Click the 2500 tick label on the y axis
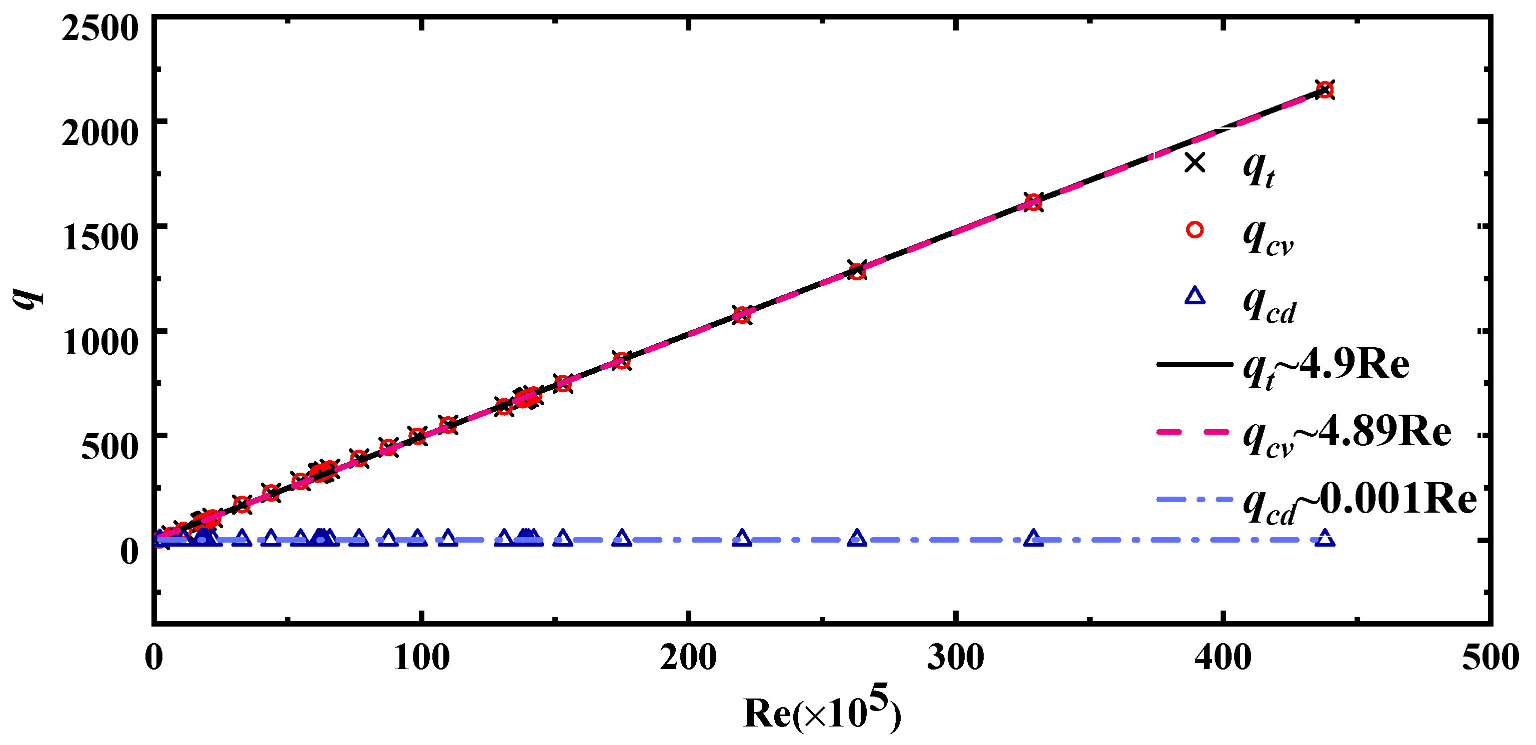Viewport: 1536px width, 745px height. pos(99,27)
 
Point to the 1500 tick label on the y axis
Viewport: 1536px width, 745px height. pos(99,237)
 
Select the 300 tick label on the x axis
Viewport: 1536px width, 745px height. pos(955,658)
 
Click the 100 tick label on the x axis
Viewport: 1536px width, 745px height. pos(421,658)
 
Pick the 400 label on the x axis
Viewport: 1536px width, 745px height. pos(1223,658)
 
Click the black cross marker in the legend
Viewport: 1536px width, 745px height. pos(1194,162)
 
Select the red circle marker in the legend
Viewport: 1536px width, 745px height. pos(1194,229)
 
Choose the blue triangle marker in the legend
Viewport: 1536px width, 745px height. pos(1194,296)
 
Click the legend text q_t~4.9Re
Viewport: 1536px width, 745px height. pos(1326,365)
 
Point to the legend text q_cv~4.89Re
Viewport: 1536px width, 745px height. pos(1347,433)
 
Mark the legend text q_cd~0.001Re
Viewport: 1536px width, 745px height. pos(1360,501)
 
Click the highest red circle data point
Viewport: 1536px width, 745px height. pos(1325,90)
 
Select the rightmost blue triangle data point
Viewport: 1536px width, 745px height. pos(1325,538)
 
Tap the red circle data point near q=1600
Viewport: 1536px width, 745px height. pos(1033,203)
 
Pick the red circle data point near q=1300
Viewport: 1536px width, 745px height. pos(857,271)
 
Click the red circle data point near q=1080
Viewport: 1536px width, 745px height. pos(742,315)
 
